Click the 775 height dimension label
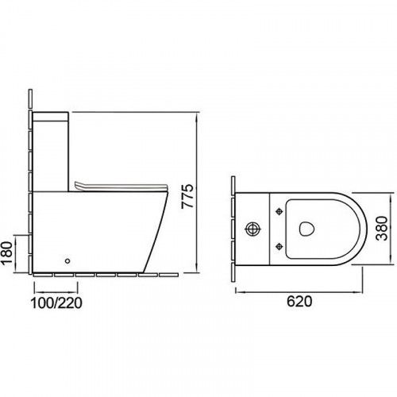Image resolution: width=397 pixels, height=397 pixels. click(187, 196)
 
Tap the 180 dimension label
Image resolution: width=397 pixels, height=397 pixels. click(6, 253)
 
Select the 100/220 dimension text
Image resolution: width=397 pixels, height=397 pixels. click(56, 303)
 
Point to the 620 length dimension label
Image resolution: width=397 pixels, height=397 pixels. click(299, 301)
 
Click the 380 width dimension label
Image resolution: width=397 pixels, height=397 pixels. click(382, 228)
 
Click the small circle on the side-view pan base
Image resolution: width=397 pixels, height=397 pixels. click(67, 261)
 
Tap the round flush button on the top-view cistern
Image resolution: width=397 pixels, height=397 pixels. click(253, 229)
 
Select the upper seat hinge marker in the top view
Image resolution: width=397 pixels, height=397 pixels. click(279, 211)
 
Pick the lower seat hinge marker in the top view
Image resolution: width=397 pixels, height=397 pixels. click(279, 246)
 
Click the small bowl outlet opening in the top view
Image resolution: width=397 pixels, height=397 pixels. click(306, 229)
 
